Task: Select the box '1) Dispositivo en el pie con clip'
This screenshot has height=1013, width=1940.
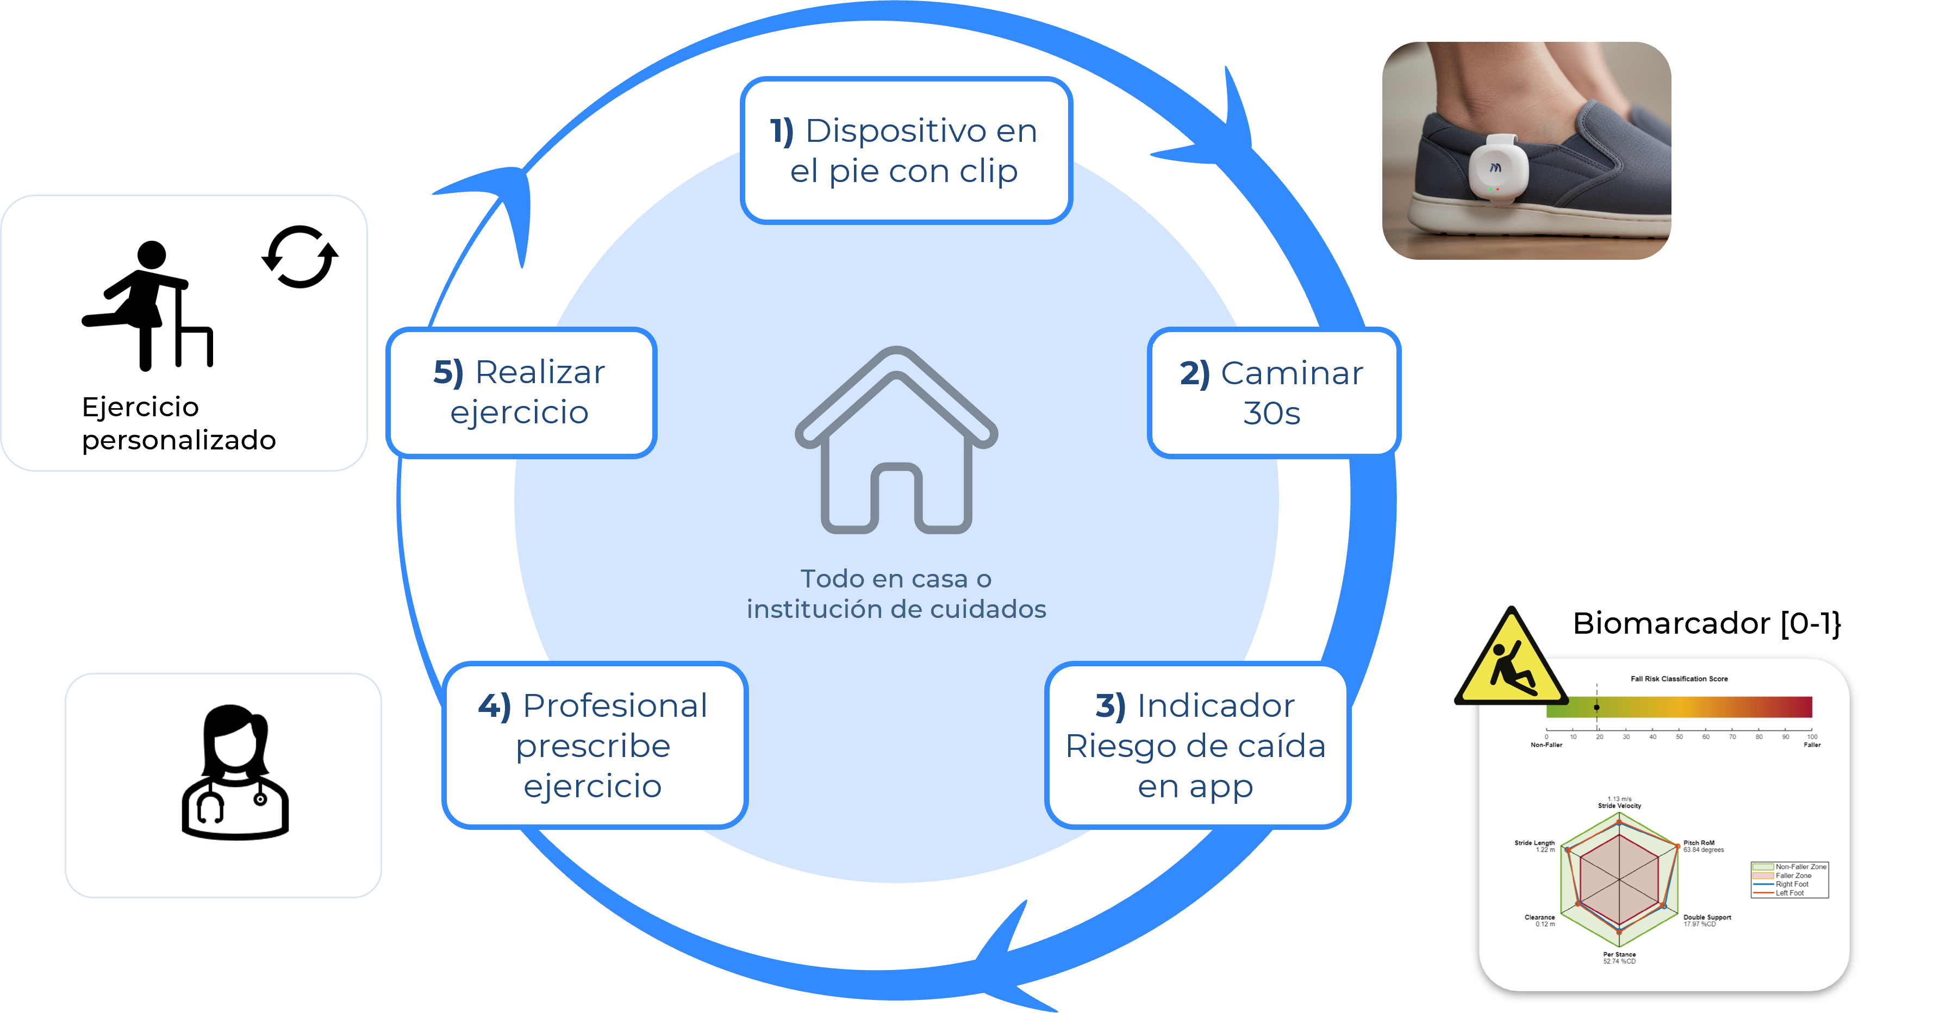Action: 906,151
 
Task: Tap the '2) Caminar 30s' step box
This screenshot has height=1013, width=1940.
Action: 1272,392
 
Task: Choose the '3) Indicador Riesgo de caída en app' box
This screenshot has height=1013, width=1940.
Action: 1196,746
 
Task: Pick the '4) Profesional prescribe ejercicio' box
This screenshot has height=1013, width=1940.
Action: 594,746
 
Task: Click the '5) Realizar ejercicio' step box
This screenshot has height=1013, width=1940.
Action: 520,392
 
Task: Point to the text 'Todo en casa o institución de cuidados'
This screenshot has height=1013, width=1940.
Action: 896,593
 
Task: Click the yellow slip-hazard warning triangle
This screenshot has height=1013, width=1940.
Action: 1510,663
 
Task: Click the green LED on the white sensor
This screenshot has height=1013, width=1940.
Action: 1490,190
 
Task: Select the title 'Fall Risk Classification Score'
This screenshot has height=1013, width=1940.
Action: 1679,679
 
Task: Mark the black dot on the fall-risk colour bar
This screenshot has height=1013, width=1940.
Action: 1596,707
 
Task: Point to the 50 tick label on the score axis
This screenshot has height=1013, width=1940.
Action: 1680,736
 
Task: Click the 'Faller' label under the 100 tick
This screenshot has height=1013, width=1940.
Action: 1812,745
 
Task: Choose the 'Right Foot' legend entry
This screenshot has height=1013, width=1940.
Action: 1792,884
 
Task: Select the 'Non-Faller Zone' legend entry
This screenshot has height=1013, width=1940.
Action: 1800,867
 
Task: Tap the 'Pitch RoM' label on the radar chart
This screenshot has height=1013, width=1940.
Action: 1699,843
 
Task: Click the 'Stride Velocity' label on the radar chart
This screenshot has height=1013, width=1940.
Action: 1619,806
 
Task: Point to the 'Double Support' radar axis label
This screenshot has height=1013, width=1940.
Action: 1707,917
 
